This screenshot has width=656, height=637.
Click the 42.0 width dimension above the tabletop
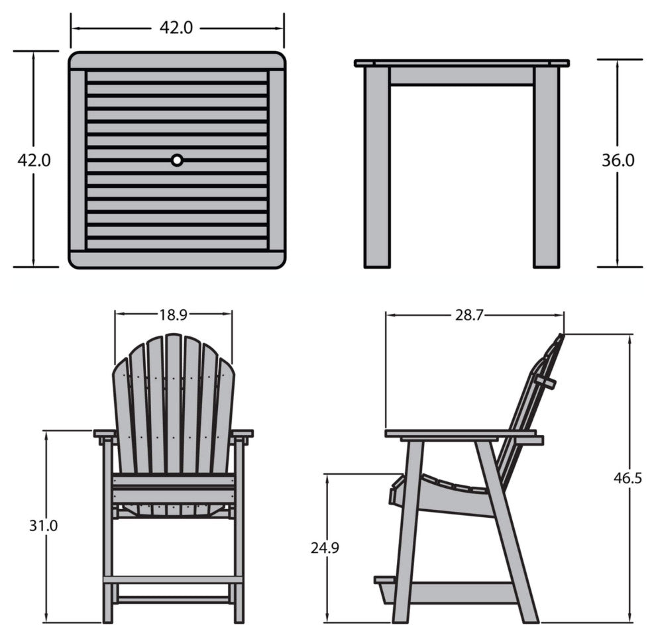176,28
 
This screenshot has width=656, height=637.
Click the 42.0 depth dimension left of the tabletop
34,160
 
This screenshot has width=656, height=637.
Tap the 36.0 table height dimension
618,160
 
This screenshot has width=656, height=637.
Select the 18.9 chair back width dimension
173,315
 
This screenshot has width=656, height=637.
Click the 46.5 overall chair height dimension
628,477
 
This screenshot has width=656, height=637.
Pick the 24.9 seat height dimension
325,548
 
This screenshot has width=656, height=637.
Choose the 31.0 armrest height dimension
43,525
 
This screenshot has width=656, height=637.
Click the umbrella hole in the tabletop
177,160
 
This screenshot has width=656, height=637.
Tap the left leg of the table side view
378,167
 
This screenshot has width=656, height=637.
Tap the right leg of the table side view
547,167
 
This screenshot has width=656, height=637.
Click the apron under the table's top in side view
462,76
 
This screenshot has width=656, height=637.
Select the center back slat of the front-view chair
173,404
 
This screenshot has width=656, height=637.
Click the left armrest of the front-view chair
104,434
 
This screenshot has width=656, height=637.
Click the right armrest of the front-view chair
242,434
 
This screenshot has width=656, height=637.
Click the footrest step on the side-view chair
385,581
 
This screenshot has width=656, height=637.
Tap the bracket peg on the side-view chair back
547,381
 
